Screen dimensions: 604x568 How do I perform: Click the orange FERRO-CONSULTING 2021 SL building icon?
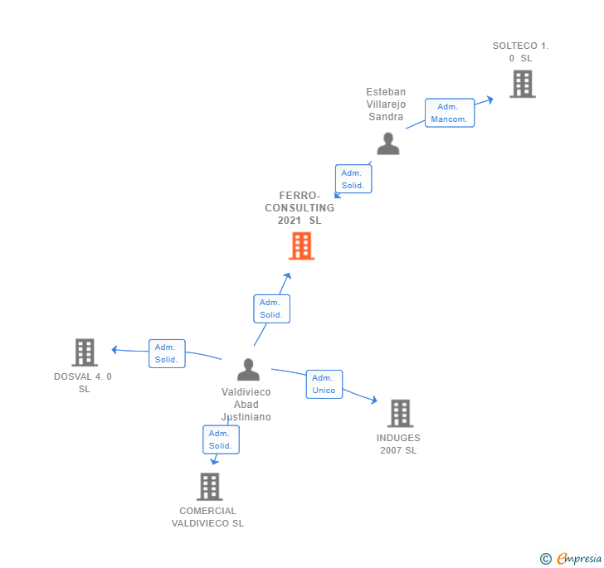point(301,246)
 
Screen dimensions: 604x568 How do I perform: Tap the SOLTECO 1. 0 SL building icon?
point(522,84)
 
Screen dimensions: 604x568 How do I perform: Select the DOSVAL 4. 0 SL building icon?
point(84,352)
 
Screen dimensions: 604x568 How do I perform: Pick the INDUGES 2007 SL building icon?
point(400,413)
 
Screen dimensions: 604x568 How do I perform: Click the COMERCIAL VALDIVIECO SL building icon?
point(210,487)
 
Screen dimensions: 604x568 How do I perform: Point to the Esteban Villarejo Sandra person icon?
point(387,144)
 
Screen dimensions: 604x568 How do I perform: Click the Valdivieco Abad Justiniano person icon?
point(248,370)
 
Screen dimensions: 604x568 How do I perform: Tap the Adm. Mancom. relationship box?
point(449,113)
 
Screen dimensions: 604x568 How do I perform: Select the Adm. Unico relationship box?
point(324,384)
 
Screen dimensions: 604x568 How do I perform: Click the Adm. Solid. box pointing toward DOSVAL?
point(166,353)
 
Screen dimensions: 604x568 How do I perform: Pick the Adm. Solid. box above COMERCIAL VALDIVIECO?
point(221,439)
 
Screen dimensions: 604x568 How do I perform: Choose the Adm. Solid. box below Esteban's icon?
point(353,179)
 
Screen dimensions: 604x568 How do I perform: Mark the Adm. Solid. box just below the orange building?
point(271,308)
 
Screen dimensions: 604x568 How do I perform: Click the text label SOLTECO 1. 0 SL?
point(520,52)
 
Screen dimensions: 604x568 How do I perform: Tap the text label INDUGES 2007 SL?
point(398,444)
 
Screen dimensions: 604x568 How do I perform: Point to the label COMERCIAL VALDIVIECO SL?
point(207,517)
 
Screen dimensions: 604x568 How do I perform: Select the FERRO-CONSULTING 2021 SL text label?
point(300,208)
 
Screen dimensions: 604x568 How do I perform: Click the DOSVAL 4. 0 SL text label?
point(83,382)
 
